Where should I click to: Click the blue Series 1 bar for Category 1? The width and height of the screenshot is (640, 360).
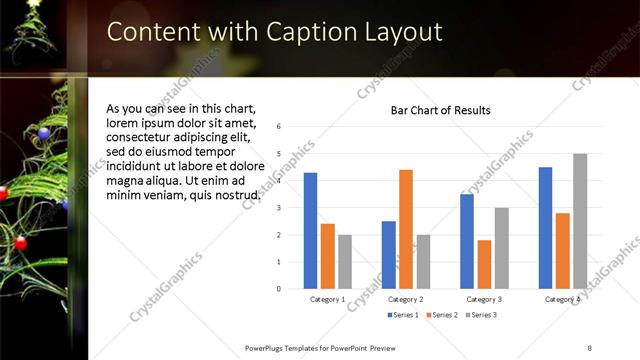coord(310,231)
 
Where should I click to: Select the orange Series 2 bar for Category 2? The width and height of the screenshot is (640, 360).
coord(406,229)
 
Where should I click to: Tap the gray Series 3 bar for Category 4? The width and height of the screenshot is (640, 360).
coord(580,221)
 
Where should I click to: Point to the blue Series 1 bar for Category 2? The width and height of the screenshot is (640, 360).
coord(388,255)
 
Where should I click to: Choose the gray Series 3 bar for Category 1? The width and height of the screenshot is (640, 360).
coord(345,261)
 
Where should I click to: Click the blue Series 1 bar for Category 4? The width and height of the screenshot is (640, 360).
coord(545,228)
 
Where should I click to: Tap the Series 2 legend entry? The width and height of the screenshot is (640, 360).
coord(441,315)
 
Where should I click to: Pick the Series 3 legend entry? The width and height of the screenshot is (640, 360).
coord(480,315)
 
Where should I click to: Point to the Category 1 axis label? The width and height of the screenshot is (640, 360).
coord(327,299)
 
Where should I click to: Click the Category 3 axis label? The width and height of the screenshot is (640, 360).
coord(484,299)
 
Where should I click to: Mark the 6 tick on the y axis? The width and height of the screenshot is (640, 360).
coord(278,126)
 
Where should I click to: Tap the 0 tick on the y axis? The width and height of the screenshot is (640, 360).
coord(278,289)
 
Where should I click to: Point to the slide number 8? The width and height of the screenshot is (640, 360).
coord(590,347)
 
